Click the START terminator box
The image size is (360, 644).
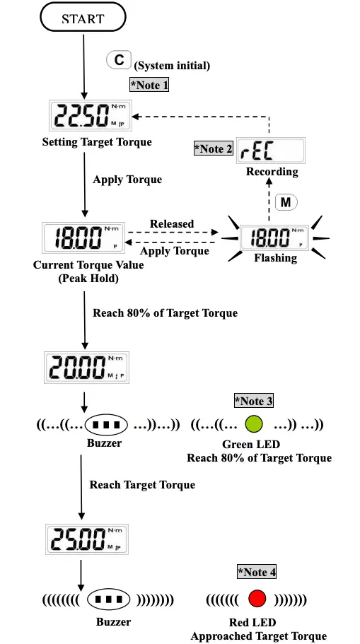click(83, 19)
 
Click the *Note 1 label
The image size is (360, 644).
click(149, 86)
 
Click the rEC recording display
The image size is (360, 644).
click(270, 150)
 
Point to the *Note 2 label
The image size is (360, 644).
click(214, 148)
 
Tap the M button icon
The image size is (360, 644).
click(286, 202)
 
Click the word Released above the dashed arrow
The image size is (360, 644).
click(172, 224)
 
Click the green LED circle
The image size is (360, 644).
click(254, 425)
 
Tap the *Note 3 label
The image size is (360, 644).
click(254, 401)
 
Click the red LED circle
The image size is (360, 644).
click(256, 600)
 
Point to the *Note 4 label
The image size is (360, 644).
click(257, 571)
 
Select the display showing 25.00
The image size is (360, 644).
click(86, 539)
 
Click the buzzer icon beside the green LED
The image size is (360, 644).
click(105, 426)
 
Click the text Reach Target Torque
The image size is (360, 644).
click(142, 484)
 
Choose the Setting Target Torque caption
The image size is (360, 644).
click(97, 142)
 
